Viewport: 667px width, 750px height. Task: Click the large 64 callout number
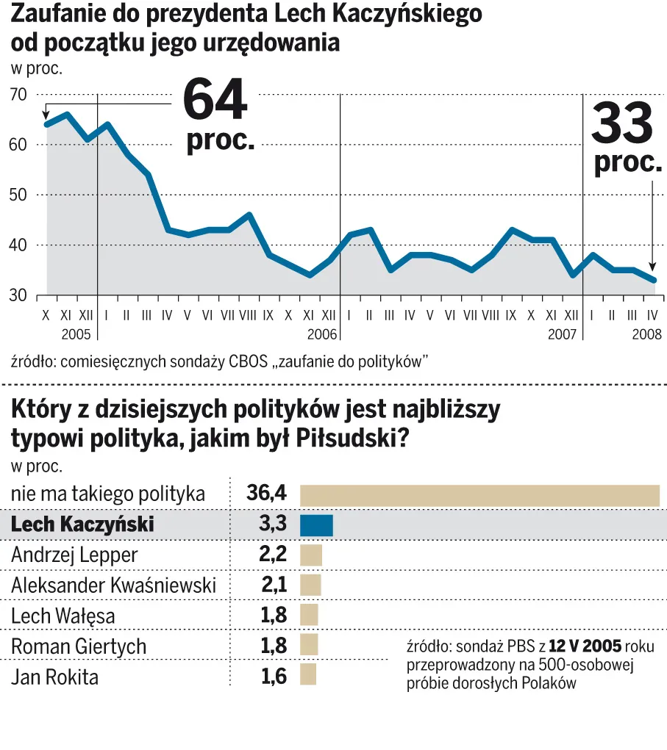point(215,99)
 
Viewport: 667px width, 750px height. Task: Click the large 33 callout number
point(622,123)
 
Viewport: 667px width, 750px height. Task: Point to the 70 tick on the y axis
point(18,94)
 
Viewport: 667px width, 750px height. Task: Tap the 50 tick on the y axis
point(18,195)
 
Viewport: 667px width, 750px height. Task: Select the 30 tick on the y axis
point(18,295)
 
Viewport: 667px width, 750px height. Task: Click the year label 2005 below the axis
point(76,334)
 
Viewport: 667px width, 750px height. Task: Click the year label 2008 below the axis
point(644,334)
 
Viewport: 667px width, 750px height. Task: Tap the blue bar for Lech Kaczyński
point(316,524)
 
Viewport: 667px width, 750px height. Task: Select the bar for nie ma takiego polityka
point(479,495)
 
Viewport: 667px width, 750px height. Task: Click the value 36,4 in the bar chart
point(266,494)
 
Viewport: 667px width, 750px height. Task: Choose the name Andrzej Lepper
point(75,555)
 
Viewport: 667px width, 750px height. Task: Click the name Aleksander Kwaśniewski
point(114,585)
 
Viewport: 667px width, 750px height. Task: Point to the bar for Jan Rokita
point(308,675)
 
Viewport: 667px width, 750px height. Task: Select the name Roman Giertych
point(79,646)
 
